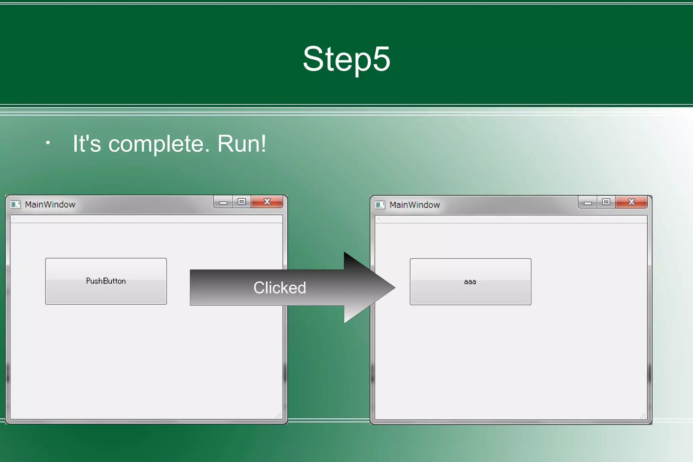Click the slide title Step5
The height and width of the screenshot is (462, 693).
coord(346,59)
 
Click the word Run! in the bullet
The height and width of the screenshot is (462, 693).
coord(242,144)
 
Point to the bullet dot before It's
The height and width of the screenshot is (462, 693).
coord(48,143)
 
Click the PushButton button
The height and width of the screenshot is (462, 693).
coord(106,281)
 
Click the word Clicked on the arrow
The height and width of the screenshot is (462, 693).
coord(280,288)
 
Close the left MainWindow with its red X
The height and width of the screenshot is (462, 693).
coord(267,202)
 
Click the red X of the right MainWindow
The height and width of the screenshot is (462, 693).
coord(631,202)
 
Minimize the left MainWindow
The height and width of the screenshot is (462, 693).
coord(223,202)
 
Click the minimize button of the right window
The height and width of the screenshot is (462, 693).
coord(588,203)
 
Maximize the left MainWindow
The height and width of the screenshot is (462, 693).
coord(242,202)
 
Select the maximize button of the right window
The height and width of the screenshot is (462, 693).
coord(606,202)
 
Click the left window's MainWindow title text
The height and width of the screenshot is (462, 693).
coord(50,204)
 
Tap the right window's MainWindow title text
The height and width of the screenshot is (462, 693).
coord(415,205)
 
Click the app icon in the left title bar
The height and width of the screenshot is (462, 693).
coord(15,204)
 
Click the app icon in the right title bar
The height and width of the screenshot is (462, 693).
coord(380,205)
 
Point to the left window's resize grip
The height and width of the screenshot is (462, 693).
coord(278,415)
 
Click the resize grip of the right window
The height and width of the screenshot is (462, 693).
coord(643,416)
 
